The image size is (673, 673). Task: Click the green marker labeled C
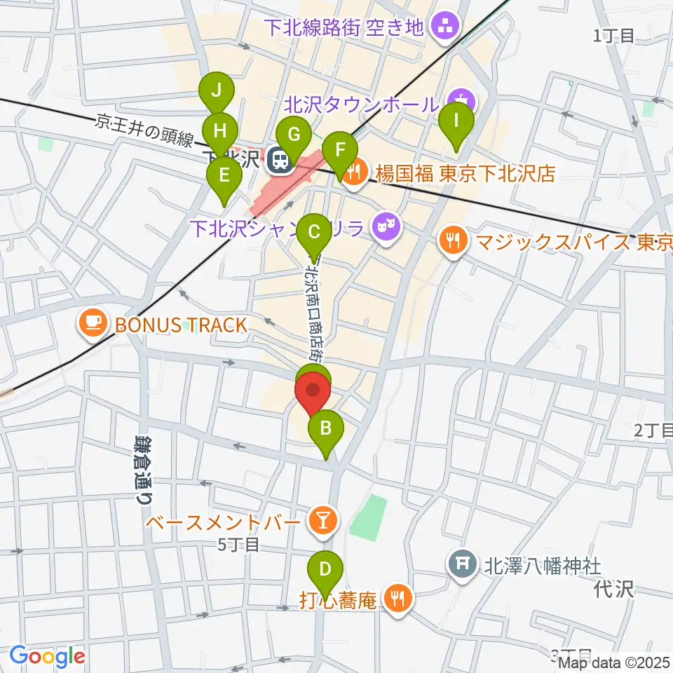(x=314, y=231)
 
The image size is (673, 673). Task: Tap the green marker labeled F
(x=341, y=150)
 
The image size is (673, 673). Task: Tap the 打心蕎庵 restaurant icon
(x=398, y=599)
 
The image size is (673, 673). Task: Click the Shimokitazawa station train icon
(x=280, y=161)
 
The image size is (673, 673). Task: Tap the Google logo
(x=47, y=655)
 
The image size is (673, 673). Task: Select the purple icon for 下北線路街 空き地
(x=444, y=28)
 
